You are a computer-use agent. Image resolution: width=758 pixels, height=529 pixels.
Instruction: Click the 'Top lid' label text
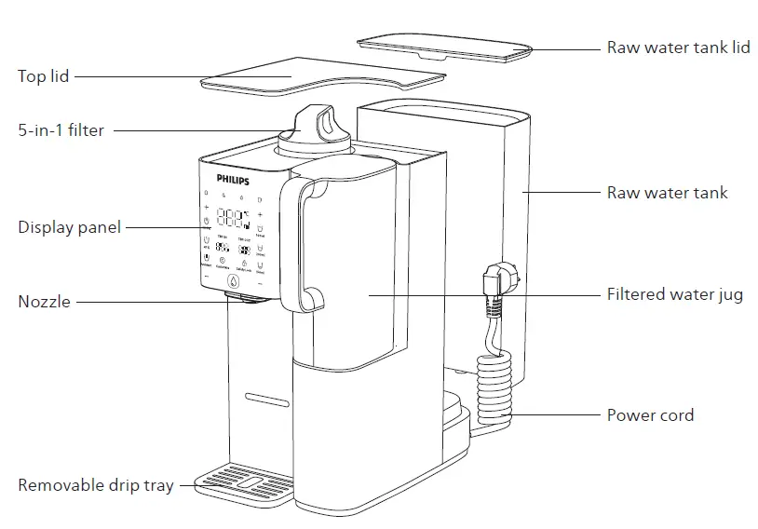(x=44, y=76)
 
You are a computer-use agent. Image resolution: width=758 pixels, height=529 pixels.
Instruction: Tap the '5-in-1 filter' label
(x=61, y=131)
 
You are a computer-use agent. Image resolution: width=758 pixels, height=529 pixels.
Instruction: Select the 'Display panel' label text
(x=69, y=227)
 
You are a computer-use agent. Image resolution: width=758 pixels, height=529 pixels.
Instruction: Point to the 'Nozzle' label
(x=44, y=302)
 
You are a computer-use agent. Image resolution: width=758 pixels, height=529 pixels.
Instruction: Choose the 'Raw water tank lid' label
(x=678, y=47)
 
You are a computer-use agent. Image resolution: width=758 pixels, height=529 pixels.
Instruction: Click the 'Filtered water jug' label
(x=674, y=295)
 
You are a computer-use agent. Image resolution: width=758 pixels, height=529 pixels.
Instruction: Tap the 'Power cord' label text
(x=650, y=415)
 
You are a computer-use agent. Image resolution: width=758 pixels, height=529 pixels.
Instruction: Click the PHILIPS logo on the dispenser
(x=233, y=176)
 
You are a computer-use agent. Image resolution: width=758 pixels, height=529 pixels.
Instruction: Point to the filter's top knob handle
(x=318, y=122)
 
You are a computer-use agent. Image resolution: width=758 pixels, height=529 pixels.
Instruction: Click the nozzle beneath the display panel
(x=244, y=296)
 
